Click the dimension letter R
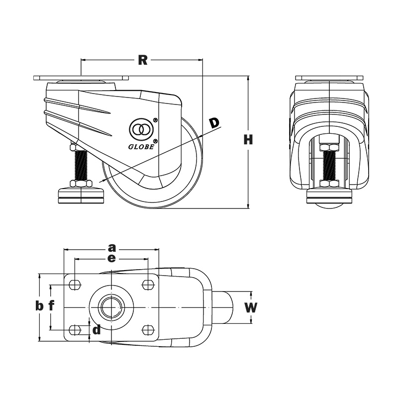(143, 60)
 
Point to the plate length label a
(112, 247)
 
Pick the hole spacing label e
(111, 258)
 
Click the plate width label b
(39, 306)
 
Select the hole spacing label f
(51, 306)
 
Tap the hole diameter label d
(97, 329)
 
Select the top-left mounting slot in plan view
(75, 285)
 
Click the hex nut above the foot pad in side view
(80, 183)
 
